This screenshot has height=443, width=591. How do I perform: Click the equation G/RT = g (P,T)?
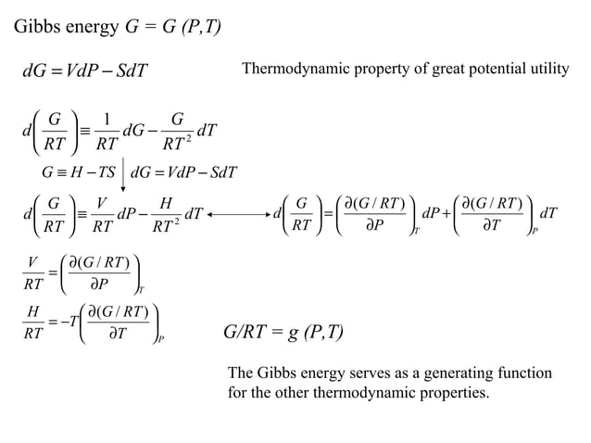pos(284,331)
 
